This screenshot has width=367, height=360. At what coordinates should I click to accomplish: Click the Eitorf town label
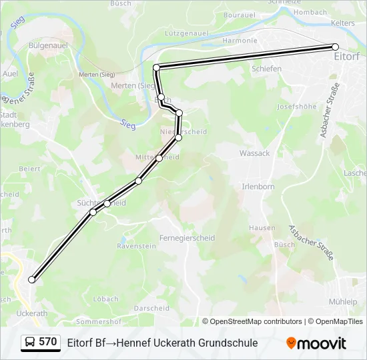click(x=346, y=56)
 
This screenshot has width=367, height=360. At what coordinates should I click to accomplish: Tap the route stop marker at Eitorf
click(x=336, y=47)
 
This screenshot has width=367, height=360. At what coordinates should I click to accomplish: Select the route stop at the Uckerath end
click(x=31, y=280)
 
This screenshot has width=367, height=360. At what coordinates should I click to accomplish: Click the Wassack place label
click(x=254, y=153)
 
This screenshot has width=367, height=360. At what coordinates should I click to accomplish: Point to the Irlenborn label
click(x=258, y=187)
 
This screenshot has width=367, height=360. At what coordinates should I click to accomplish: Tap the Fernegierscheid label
click(x=187, y=238)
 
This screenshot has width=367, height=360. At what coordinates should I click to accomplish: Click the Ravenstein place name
click(x=136, y=246)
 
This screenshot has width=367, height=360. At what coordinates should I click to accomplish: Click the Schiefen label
click(x=266, y=69)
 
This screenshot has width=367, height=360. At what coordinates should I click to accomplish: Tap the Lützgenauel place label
click(x=186, y=32)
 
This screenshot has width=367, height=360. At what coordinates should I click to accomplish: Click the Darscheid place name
click(x=151, y=308)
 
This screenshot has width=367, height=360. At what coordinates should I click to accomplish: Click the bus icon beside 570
click(x=30, y=343)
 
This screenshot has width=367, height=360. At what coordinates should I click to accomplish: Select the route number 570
click(x=48, y=342)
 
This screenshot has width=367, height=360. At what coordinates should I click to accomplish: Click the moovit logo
click(x=316, y=343)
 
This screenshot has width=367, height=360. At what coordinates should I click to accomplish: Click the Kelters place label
click(x=343, y=23)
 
